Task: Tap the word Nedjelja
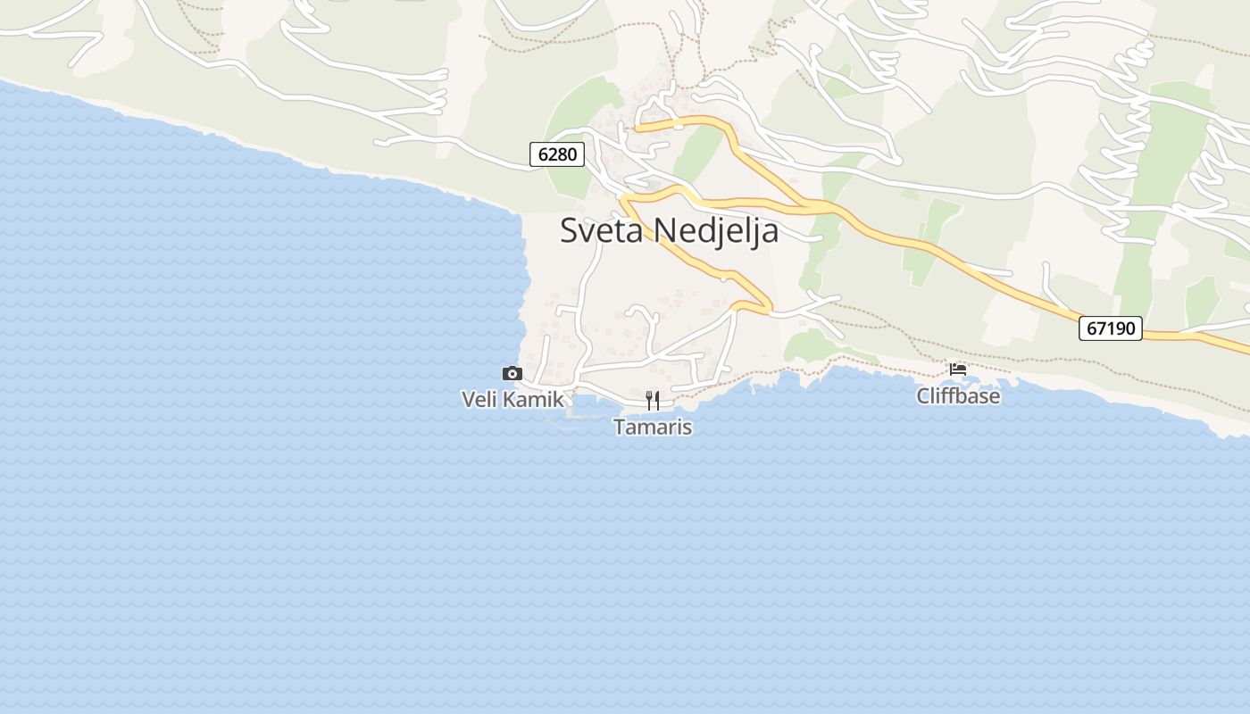coord(716,230)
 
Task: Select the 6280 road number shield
coord(557,154)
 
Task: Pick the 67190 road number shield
coord(1111,328)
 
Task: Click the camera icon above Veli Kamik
coord(512,374)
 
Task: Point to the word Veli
coord(479,399)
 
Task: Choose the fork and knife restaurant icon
coord(653,400)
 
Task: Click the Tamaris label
coord(653,428)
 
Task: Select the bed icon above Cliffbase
coord(958,369)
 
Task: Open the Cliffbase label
coord(958,395)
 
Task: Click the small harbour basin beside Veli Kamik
coord(585,407)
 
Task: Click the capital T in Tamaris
coord(619,428)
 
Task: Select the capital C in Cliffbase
coord(923,395)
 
